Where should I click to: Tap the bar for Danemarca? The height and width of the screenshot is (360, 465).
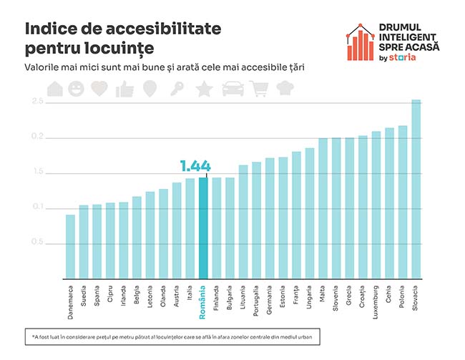(x=70, y=246)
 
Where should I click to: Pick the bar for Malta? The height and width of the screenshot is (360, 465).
(x=323, y=208)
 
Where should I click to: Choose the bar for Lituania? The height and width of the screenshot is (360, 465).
(x=243, y=221)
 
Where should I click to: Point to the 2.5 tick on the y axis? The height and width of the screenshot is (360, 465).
(x=36, y=102)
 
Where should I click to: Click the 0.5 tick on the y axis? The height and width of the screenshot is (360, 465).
(x=36, y=243)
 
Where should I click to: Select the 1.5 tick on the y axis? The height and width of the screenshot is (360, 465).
(x=36, y=172)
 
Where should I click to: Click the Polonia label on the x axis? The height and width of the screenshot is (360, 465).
(x=403, y=296)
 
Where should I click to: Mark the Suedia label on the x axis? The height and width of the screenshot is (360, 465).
(x=84, y=295)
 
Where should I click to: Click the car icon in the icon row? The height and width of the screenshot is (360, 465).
(x=232, y=89)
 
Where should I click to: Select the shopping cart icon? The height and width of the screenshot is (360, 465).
(x=259, y=89)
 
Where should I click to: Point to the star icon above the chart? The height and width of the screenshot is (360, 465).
(x=204, y=89)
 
